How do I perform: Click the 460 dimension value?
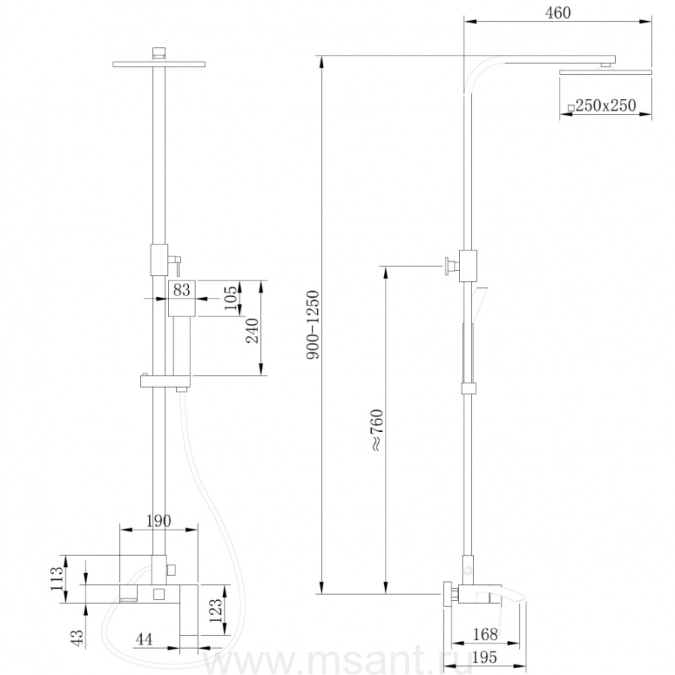(558, 13)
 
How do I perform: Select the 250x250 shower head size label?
(602, 106)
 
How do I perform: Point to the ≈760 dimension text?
(376, 430)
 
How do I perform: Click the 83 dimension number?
(181, 289)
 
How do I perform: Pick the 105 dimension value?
(230, 298)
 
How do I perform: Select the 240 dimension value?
(252, 331)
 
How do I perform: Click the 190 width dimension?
(159, 520)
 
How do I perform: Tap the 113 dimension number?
(57, 579)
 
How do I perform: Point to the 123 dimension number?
(216, 610)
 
